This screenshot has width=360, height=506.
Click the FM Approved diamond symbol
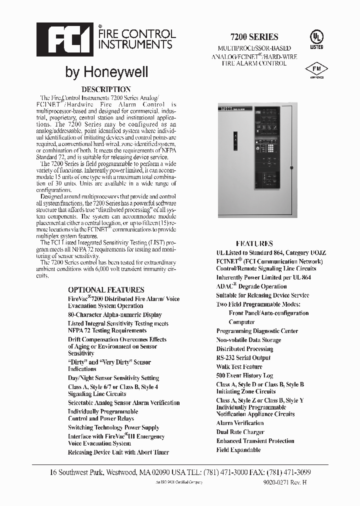(316, 70)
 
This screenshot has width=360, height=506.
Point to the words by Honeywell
(106, 72)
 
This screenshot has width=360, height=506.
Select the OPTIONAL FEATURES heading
(106, 289)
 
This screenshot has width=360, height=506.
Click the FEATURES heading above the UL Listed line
(254, 243)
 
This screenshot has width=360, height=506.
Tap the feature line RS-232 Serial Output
(243, 357)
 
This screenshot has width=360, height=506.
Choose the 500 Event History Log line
(244, 375)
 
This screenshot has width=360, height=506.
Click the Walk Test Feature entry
(239, 366)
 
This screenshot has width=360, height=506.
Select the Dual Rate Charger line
(240, 432)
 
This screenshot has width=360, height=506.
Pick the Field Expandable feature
(238, 450)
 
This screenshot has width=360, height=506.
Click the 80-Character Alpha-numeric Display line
(114, 315)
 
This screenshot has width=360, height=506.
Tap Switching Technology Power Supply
(113, 427)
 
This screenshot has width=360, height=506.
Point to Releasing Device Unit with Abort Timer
(118, 452)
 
